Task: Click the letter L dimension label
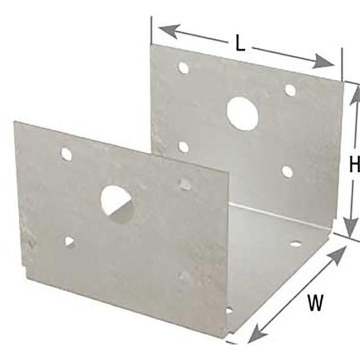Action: [240, 44]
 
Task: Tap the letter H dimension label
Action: [354, 164]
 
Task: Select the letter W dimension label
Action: [316, 302]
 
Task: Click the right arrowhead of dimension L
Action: [323, 62]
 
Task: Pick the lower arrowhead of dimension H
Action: [351, 226]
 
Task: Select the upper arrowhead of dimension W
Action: [337, 255]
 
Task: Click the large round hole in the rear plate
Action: [242, 114]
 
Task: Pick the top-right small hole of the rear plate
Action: [290, 90]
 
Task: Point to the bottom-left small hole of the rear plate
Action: [183, 147]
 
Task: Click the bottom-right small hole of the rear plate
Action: [287, 172]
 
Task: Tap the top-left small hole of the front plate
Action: [66, 155]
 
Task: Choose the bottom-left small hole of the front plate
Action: [69, 242]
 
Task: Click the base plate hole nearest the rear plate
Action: [295, 243]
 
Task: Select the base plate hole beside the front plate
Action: [229, 311]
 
